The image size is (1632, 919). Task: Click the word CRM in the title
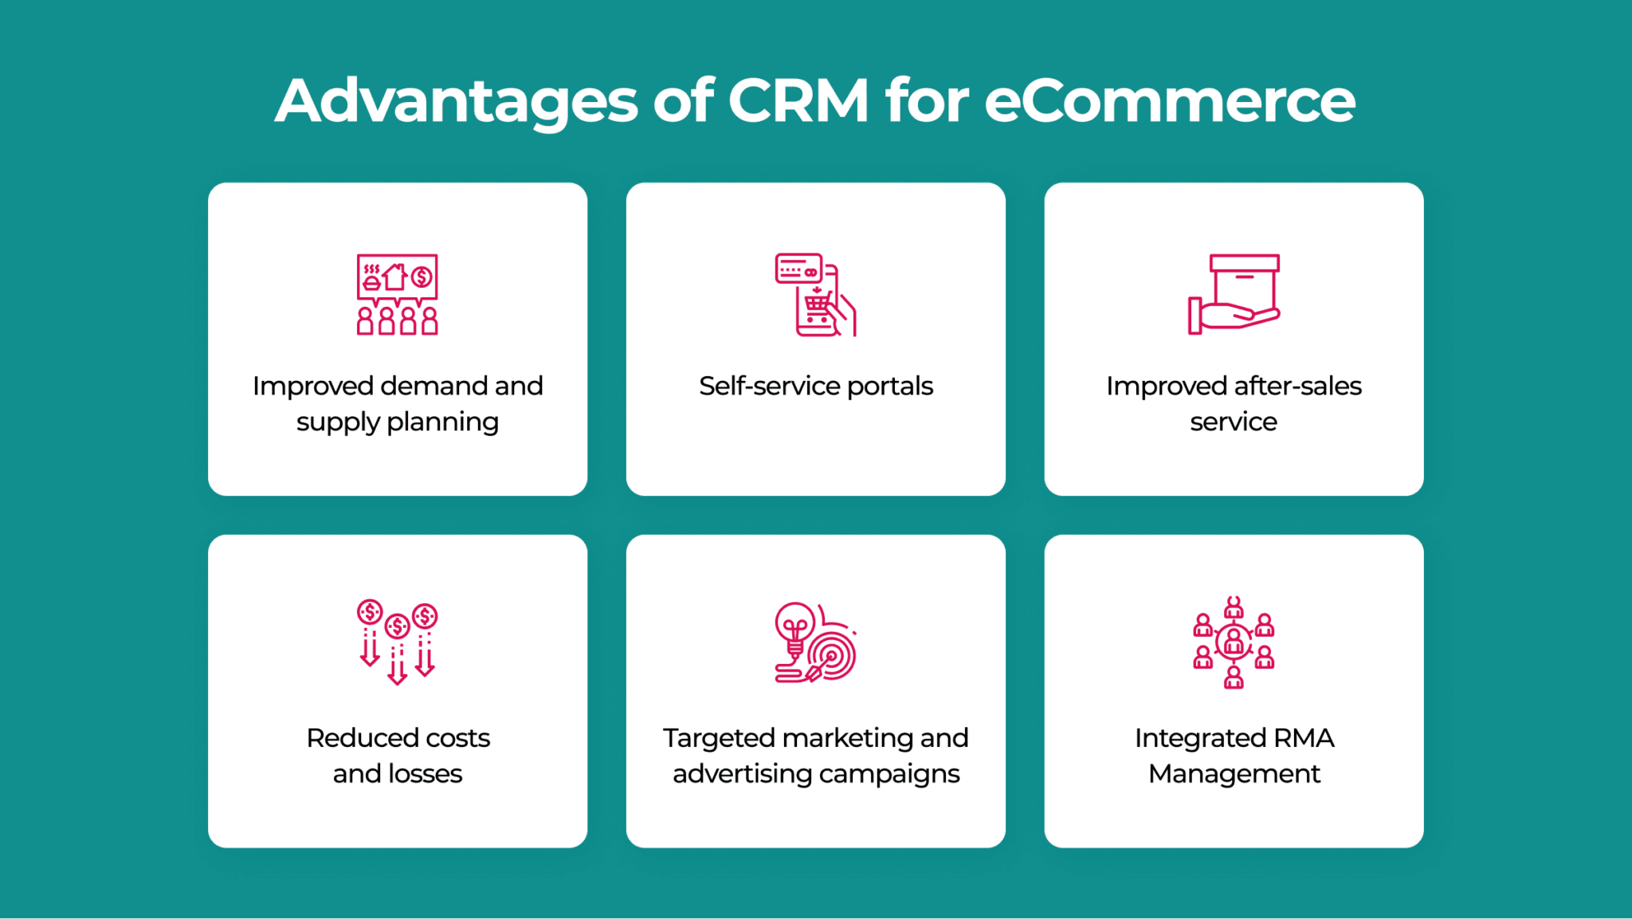(798, 100)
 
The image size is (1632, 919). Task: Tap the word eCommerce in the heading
(1170, 100)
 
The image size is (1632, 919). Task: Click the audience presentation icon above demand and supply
(397, 294)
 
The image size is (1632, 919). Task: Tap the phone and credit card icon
(815, 294)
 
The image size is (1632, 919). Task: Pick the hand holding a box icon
(1234, 294)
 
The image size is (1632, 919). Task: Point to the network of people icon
(1234, 642)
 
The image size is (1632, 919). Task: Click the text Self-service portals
(816, 386)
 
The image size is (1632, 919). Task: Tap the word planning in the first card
(442, 422)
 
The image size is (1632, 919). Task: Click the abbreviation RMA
(1304, 738)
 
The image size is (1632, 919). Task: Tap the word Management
(1234, 775)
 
